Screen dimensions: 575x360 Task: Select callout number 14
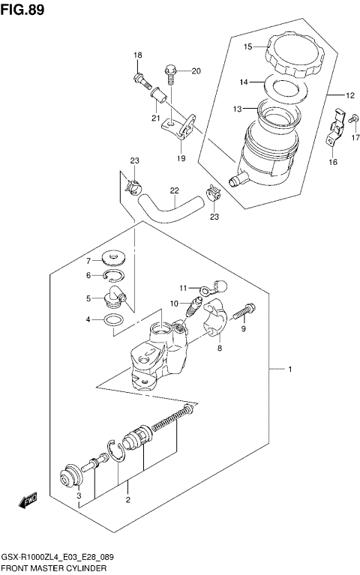click(244, 82)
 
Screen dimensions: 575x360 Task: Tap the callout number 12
click(350, 95)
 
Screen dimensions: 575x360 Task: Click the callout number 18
click(138, 56)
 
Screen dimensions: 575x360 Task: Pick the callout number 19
click(181, 158)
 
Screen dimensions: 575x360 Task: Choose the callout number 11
click(182, 288)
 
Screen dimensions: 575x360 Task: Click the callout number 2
click(127, 500)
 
